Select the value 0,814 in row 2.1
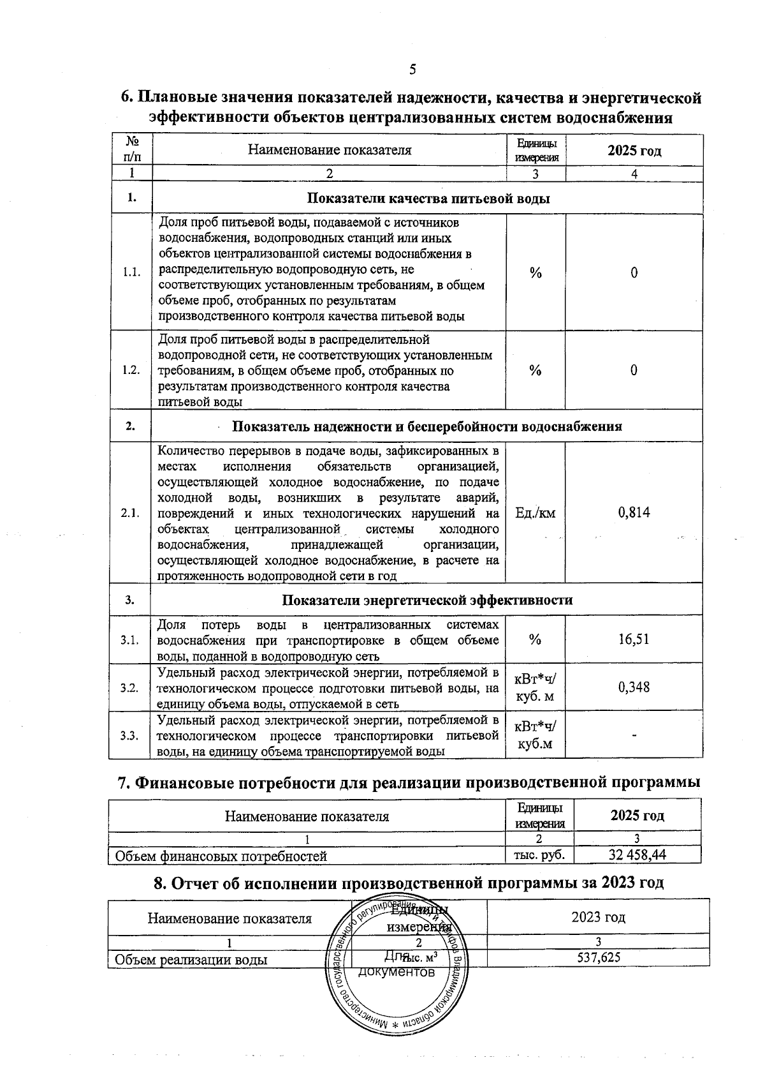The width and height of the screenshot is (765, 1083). tap(634, 512)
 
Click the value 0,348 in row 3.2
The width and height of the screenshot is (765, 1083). tap(634, 687)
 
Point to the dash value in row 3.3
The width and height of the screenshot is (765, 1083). tap(634, 736)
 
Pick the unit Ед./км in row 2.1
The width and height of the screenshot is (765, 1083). tap(535, 512)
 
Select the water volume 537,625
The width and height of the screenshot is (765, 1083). tap(598, 957)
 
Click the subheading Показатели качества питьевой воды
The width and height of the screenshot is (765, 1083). tap(428, 198)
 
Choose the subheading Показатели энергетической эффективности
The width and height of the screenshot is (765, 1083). tap(426, 600)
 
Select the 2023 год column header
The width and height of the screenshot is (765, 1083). tap(598, 917)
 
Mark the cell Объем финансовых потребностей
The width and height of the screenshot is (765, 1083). tap(220, 856)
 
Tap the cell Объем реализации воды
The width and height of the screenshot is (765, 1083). tap(190, 959)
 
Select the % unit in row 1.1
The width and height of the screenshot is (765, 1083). tap(535, 273)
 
